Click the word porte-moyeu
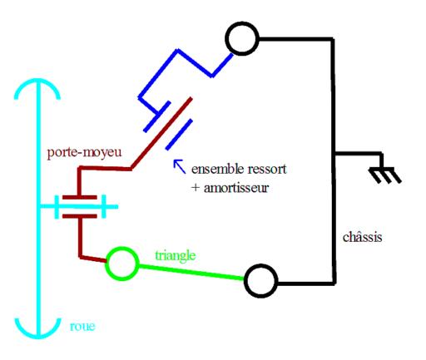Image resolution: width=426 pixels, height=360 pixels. click(x=84, y=152)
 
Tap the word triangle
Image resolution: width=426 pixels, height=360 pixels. click(x=176, y=255)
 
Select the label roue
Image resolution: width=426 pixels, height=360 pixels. click(x=82, y=327)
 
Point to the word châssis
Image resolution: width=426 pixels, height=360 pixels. click(x=362, y=237)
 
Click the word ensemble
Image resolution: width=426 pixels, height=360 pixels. click(x=217, y=169)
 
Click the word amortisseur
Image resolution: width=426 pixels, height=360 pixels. click(x=236, y=188)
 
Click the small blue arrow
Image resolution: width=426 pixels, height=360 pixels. click(x=179, y=166)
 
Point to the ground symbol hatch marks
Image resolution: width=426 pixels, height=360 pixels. click(x=385, y=175)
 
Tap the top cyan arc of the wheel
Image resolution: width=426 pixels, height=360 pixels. click(x=37, y=81)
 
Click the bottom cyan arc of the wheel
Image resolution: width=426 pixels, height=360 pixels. click(x=37, y=336)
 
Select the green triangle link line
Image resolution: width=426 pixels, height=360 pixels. click(x=191, y=272)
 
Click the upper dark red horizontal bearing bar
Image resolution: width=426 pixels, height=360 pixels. click(x=80, y=197)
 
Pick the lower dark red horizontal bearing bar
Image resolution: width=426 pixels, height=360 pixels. click(x=80, y=216)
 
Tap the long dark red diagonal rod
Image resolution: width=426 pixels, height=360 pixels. click(x=161, y=133)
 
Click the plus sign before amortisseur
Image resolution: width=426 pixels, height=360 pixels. click(x=196, y=188)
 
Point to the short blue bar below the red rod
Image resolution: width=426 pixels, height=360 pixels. click(x=179, y=135)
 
